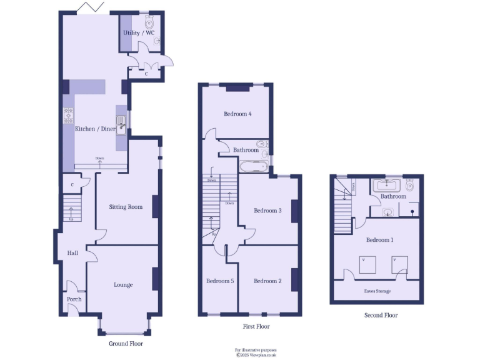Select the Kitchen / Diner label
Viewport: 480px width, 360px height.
point(95,129)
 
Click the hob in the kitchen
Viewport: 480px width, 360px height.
point(67,116)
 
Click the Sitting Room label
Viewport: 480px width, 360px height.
point(126,207)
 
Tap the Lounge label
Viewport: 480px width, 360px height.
point(123,285)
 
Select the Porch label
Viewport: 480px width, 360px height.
point(74,299)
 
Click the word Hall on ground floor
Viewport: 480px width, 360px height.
point(72,253)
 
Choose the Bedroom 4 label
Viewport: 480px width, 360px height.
point(237,114)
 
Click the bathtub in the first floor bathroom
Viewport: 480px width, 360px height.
point(253,167)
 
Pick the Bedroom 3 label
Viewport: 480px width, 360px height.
point(267,211)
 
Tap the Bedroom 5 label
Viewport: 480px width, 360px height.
point(220,281)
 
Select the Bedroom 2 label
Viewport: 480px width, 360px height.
point(267,281)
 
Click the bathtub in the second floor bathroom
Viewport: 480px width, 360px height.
point(387,184)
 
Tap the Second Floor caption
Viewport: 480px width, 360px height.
point(381,316)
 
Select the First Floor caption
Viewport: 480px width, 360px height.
point(256,327)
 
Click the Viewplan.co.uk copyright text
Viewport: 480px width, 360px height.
point(256,354)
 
